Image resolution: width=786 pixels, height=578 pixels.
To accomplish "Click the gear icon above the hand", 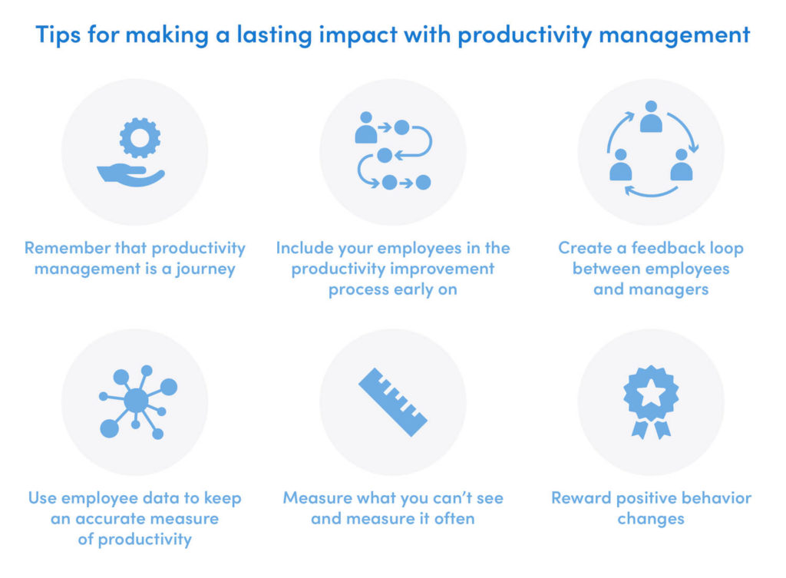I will pos(140,137).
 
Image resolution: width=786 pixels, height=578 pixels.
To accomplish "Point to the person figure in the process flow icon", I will pos(366,130).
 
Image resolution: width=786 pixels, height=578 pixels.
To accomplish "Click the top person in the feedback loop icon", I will pos(651,117).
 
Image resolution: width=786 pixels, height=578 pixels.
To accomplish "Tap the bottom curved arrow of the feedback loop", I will pos(650,191).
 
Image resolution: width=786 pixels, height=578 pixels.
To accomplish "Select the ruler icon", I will pos(393,402).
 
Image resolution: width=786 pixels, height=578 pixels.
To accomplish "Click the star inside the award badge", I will pos(650,392).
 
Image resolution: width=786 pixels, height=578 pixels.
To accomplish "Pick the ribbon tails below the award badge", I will pos(650,428).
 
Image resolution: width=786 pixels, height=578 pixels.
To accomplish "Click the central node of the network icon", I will pos(136,400).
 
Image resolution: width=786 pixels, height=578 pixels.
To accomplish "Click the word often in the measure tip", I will pos(454,519).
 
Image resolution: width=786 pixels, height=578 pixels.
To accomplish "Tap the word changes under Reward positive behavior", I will pos(650,519).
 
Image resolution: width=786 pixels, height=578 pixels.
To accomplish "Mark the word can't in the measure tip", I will pos(432,498).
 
